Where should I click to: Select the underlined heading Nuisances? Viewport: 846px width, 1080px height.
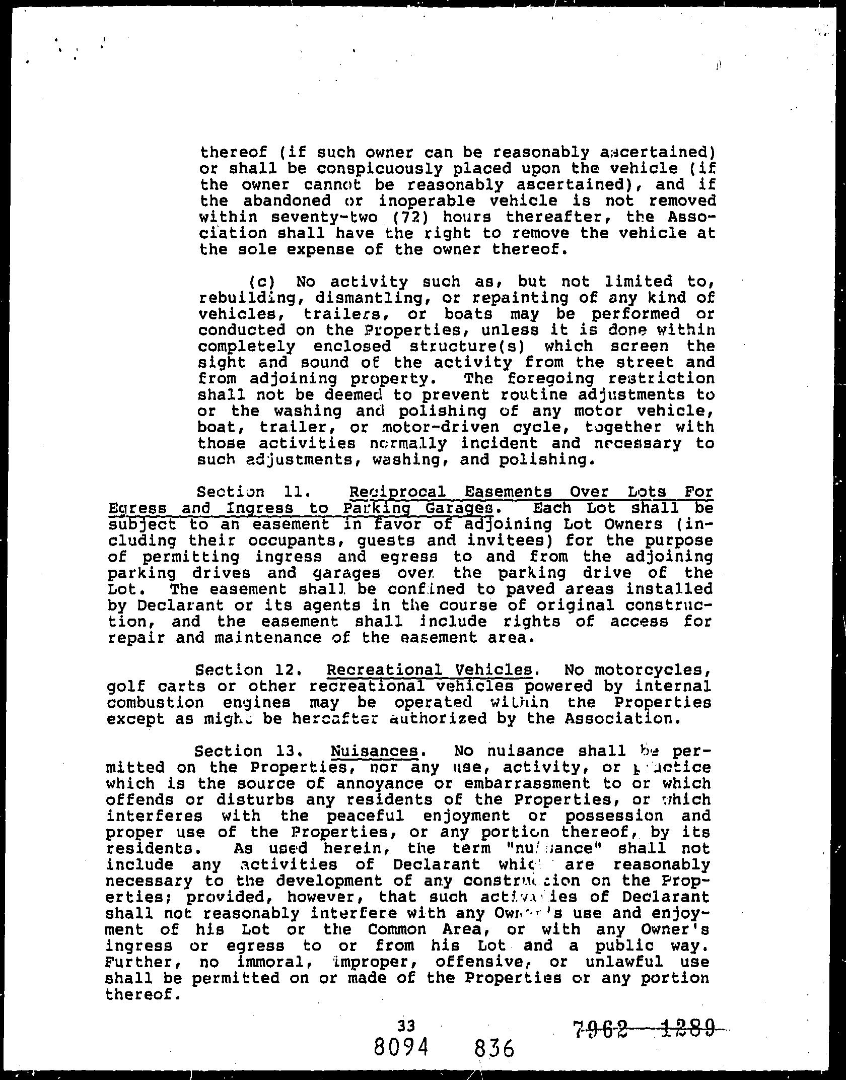coord(375,752)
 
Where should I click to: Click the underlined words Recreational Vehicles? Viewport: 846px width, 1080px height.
coord(430,670)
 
